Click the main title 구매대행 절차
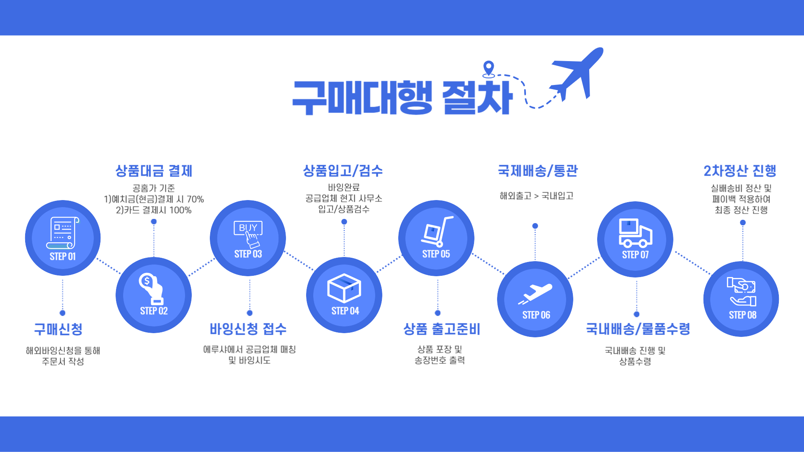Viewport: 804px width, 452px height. point(402,97)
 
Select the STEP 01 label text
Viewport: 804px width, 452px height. point(63,257)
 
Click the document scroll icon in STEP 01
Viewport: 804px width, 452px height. point(63,233)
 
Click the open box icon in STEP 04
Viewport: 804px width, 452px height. point(344,288)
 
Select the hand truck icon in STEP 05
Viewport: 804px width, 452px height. point(437,231)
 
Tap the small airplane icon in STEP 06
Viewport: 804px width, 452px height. point(535,294)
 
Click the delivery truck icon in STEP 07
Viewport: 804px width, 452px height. point(635,233)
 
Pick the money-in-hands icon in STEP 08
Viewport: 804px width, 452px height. point(742,292)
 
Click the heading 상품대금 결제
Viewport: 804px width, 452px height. point(154,171)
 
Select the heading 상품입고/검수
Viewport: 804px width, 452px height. point(343,171)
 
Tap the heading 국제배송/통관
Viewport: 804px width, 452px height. point(538,171)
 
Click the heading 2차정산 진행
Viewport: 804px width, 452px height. point(740,171)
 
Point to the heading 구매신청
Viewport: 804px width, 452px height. point(58,329)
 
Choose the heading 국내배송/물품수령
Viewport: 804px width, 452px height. point(638,329)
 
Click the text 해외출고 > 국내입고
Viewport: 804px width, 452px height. point(536,196)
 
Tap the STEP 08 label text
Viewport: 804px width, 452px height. point(743,315)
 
